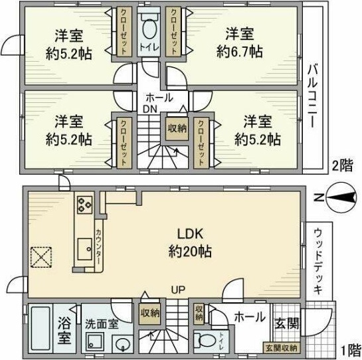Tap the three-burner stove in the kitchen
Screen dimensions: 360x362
tap(85, 203)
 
